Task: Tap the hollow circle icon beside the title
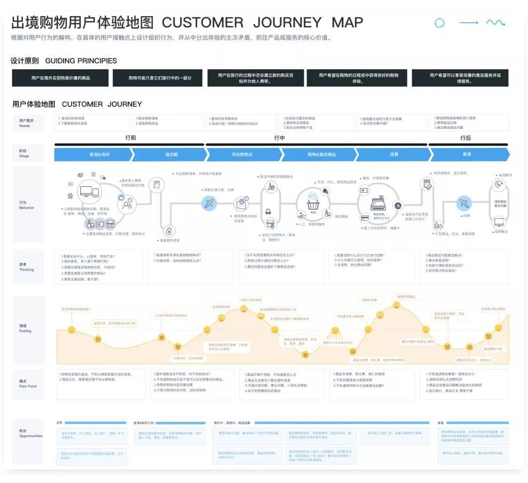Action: click(440, 23)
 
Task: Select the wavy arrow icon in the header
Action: click(495, 22)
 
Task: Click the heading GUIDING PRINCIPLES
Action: click(81, 61)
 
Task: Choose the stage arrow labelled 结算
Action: click(394, 154)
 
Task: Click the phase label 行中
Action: click(279, 138)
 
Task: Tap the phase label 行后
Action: click(465, 138)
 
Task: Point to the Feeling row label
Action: click(25, 329)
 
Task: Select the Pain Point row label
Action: click(28, 384)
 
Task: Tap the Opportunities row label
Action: click(31, 434)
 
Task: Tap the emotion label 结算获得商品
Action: click(406, 297)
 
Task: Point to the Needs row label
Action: click(24, 123)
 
